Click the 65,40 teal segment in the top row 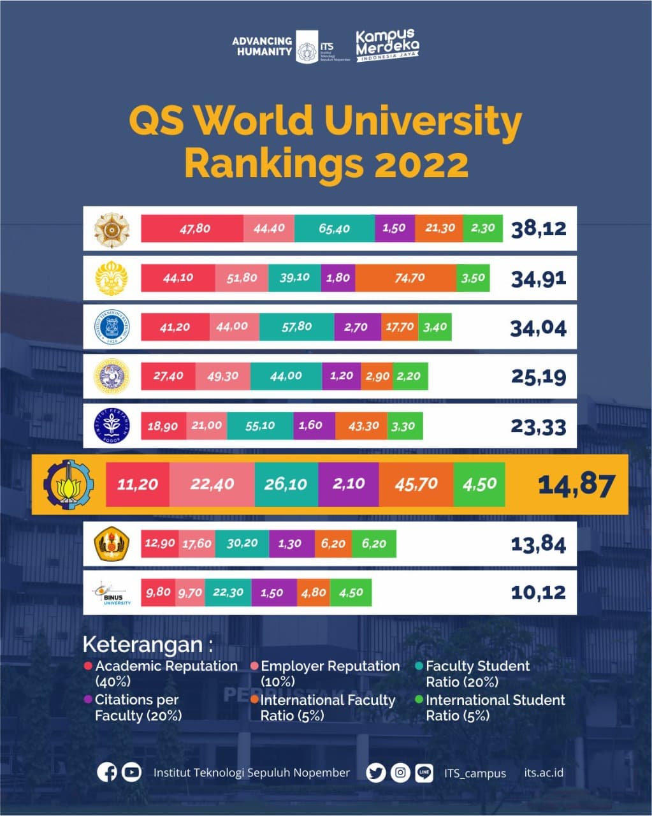pos(335,228)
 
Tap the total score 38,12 pos(539,228)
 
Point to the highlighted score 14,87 pos(576,484)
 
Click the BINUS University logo pos(111,593)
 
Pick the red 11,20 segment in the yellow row pos(138,484)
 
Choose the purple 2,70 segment pos(357,327)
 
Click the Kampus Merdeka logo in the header pos(387,45)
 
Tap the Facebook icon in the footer pos(107,772)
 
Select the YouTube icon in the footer pos(131,772)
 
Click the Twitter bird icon pos(376,773)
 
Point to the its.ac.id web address pos(544,773)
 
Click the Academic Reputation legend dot pos(88,666)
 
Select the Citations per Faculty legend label pos(137,708)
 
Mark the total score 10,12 pos(538,593)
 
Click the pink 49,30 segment pos(222,376)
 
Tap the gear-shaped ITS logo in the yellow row pos(68,484)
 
